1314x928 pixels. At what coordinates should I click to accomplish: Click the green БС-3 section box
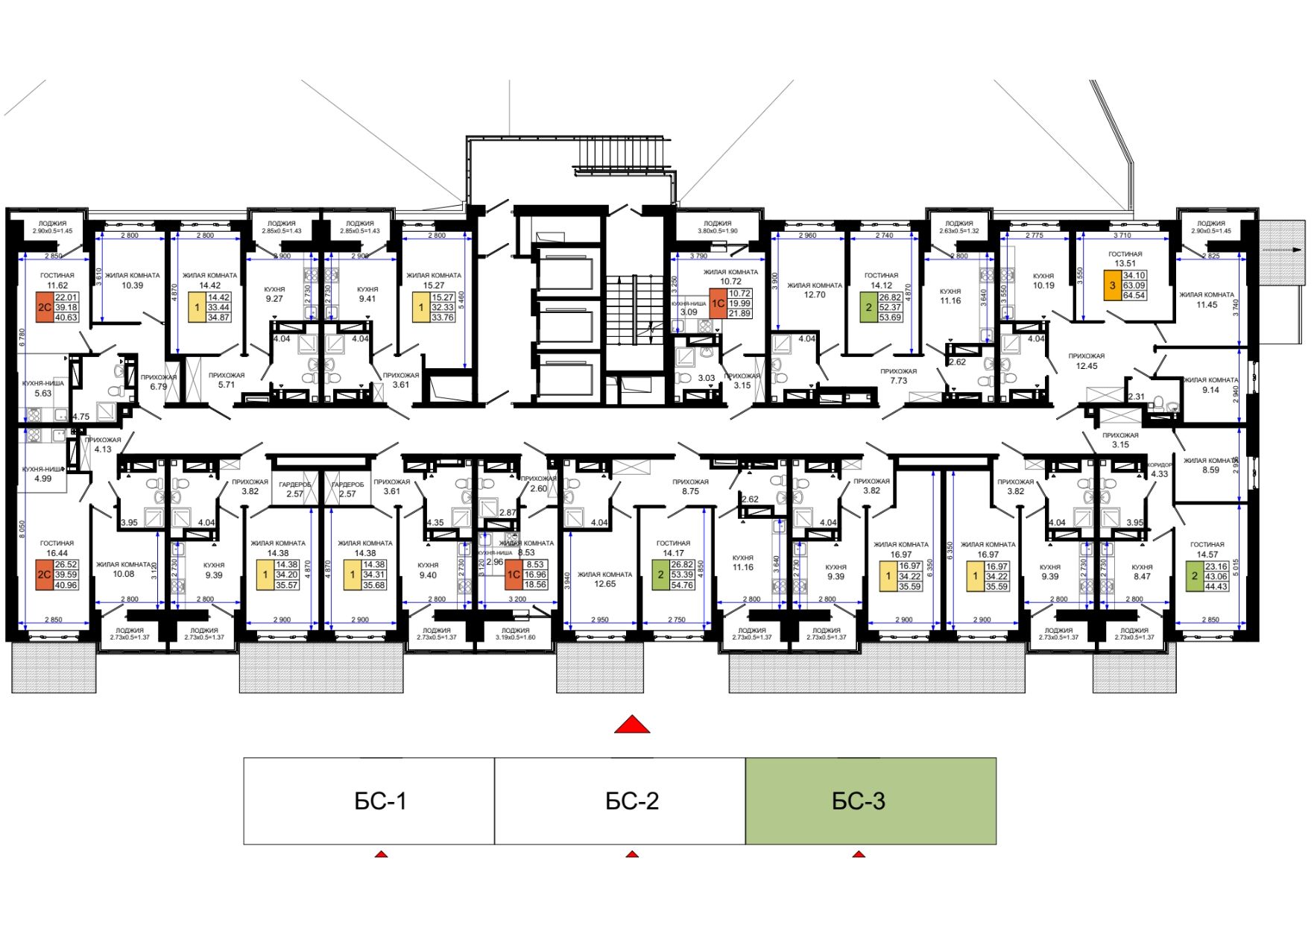click(x=871, y=801)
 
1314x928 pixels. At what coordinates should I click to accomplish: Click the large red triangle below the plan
click(x=632, y=725)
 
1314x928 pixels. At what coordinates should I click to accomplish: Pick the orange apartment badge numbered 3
click(x=1112, y=285)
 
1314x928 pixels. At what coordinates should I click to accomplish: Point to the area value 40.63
click(x=66, y=317)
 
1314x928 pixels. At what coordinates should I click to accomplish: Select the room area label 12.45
click(x=1086, y=366)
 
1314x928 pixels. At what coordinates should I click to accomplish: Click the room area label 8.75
click(x=690, y=491)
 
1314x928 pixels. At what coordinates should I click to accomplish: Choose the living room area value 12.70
click(x=815, y=294)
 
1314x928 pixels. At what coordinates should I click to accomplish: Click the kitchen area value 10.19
click(x=1043, y=285)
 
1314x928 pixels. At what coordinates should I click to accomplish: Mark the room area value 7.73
click(x=898, y=380)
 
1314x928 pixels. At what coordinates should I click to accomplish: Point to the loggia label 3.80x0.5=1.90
click(x=717, y=231)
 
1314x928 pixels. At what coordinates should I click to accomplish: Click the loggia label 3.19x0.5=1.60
click(x=515, y=637)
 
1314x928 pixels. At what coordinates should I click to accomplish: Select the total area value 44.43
click(x=1216, y=586)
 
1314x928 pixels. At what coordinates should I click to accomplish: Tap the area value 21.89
click(x=739, y=313)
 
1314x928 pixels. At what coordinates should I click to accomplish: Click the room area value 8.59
click(x=1210, y=470)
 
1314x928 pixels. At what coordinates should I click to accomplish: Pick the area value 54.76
click(x=682, y=585)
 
